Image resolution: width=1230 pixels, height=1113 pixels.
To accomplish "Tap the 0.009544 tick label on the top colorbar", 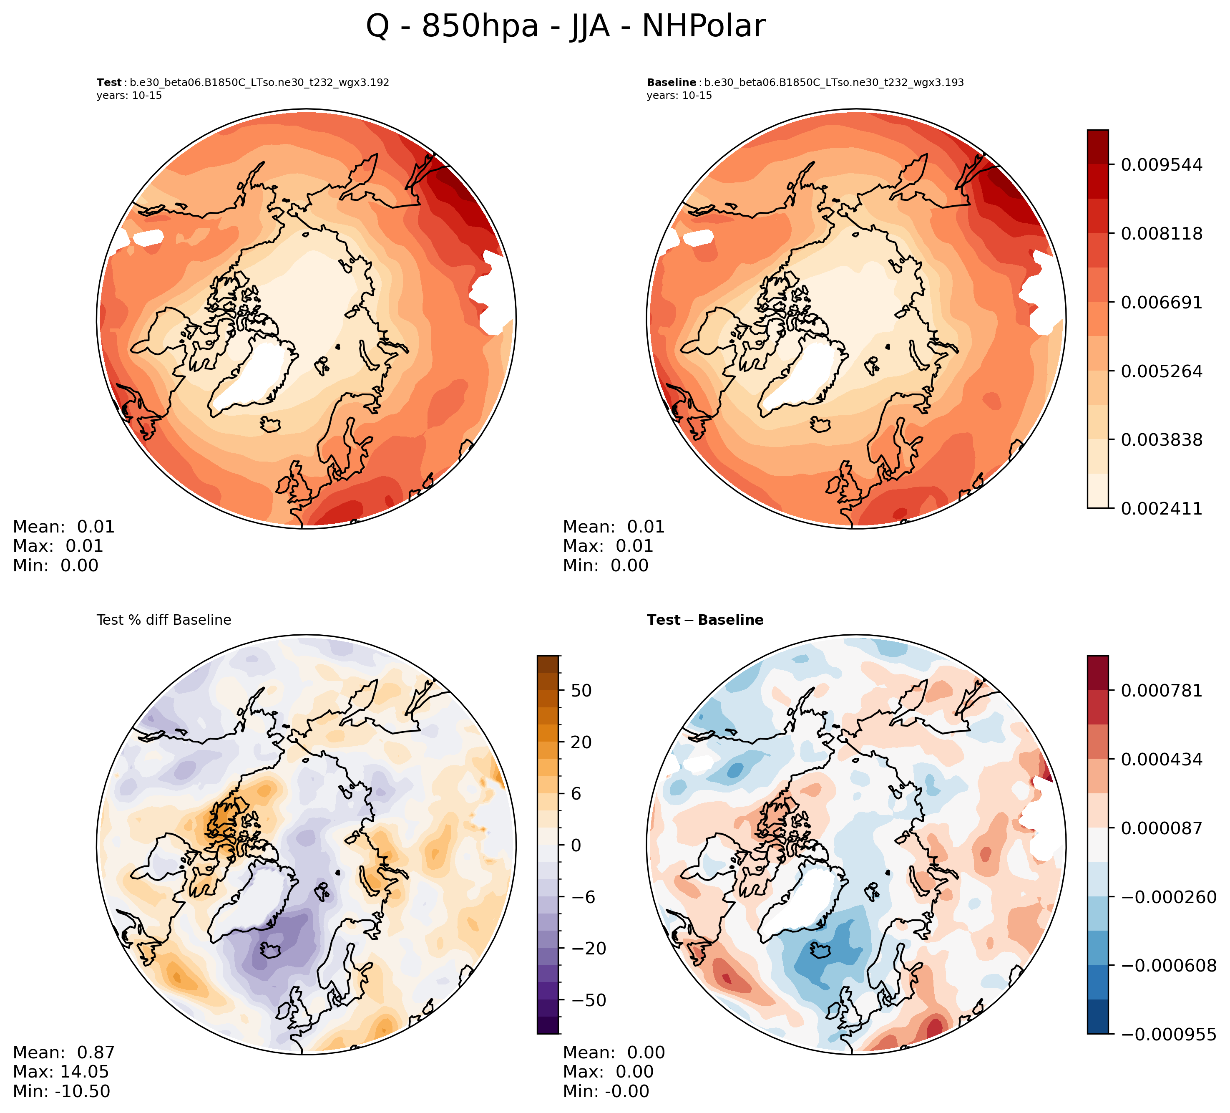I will tap(1162, 165).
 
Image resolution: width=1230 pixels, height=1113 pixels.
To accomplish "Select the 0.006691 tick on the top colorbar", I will tap(1162, 302).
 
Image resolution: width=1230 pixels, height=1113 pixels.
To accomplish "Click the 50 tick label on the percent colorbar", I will tap(581, 691).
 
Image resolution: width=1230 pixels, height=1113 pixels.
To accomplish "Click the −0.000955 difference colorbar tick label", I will tap(1168, 1034).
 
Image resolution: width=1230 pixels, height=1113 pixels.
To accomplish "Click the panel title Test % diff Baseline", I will tap(164, 620).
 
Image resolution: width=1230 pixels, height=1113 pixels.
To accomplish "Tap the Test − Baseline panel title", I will tap(705, 620).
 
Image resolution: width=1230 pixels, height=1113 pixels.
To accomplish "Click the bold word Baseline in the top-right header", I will tap(671, 83).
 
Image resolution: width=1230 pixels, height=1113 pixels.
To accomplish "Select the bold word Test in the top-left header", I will tap(109, 83).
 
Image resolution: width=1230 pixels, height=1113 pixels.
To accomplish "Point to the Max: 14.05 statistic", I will tap(60, 1072).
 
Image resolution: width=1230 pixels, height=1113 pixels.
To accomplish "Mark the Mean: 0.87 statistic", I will tap(63, 1052).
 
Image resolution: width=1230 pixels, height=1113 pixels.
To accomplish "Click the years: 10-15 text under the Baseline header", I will tap(679, 96).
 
